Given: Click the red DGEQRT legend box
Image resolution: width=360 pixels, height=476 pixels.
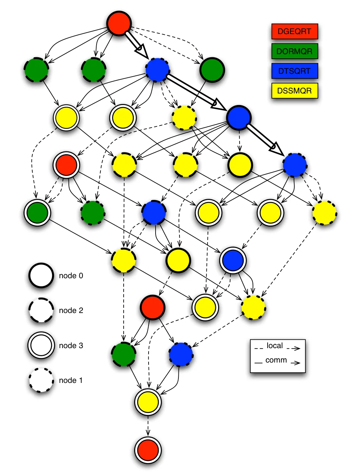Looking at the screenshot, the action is (x=295, y=32).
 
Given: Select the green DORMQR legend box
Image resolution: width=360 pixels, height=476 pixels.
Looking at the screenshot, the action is (x=295, y=51).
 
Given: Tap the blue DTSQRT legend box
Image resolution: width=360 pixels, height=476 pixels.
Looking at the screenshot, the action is (x=295, y=71).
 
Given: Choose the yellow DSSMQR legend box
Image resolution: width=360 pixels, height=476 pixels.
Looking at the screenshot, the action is (x=295, y=91).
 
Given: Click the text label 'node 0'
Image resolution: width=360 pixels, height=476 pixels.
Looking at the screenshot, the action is (x=71, y=276).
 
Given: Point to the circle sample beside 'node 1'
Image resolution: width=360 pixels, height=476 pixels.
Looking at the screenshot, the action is (x=41, y=380).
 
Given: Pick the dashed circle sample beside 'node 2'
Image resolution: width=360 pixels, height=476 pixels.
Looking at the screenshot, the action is (x=41, y=310).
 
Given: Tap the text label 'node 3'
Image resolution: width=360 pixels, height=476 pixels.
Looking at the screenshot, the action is (x=71, y=345).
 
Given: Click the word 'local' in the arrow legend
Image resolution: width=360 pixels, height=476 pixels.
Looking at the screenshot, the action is (x=275, y=345).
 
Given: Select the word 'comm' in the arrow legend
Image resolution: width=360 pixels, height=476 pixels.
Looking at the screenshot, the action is (x=276, y=360).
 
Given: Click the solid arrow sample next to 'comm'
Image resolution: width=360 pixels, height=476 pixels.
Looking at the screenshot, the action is (x=296, y=363).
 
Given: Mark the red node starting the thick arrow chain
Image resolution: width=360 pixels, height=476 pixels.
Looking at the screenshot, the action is (x=119, y=23).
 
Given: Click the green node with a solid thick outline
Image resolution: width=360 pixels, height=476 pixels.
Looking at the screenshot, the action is (x=212, y=70).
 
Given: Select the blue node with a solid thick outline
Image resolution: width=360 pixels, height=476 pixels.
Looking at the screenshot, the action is (x=239, y=118).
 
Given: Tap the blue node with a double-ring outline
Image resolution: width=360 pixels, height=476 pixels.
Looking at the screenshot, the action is (x=233, y=260).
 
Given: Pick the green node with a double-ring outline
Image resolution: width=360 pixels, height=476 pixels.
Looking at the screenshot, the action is (x=37, y=213).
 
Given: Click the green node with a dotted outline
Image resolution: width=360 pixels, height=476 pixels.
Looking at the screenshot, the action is (x=93, y=213).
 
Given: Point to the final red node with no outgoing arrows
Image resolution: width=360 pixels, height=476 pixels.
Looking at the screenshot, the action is (x=148, y=450).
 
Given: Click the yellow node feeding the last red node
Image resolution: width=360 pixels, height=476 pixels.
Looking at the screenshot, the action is (x=148, y=402).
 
